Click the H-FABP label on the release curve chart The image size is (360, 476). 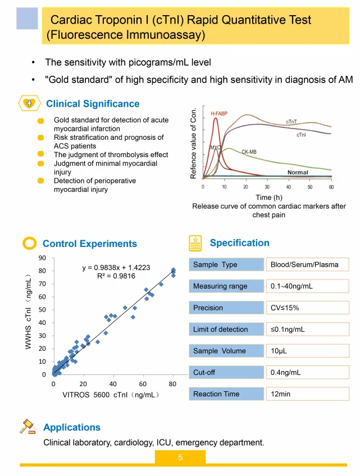(219, 114)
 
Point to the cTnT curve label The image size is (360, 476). (291, 122)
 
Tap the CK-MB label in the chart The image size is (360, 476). (249, 152)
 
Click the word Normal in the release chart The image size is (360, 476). (298, 172)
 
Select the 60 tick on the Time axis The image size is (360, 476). (331, 186)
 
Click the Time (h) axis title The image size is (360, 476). (268, 197)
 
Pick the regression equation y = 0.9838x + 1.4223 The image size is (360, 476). (116, 268)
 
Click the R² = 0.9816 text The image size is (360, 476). (116, 276)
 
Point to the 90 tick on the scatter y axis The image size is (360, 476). (42, 258)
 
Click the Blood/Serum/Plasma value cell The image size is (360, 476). (304, 264)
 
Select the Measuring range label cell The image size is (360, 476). (220, 286)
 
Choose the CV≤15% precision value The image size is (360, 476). (285, 308)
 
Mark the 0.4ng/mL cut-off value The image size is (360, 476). (286, 372)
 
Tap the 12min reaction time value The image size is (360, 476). (281, 394)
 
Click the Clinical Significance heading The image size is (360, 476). (93, 104)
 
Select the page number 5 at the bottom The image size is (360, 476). (180, 457)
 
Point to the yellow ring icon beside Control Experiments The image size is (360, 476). (29, 243)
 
